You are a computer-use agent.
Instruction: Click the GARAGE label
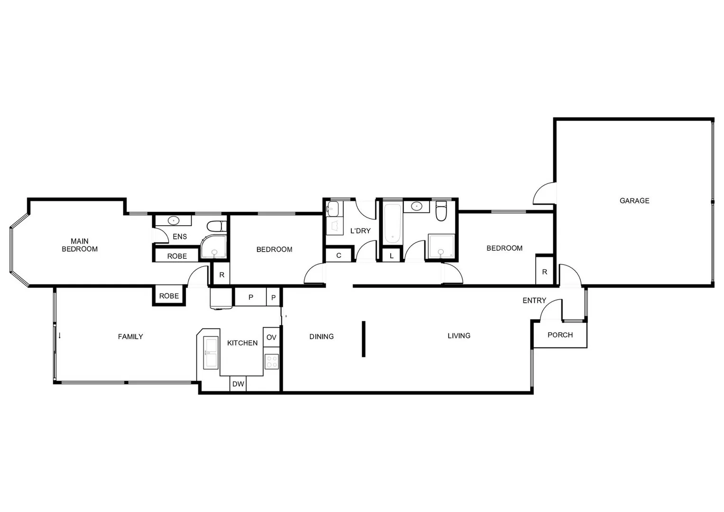(x=634, y=201)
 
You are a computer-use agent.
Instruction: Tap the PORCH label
(x=560, y=335)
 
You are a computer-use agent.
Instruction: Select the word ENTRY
(x=534, y=301)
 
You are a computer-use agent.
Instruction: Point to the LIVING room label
(x=458, y=336)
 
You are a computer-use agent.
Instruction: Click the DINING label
(x=321, y=337)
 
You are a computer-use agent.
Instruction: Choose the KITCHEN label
(x=242, y=343)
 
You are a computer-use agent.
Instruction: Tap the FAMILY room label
(x=130, y=337)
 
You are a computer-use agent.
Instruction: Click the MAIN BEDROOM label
(x=80, y=245)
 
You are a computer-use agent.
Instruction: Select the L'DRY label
(x=360, y=231)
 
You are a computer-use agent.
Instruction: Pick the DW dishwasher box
(x=238, y=384)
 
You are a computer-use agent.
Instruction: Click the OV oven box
(x=271, y=338)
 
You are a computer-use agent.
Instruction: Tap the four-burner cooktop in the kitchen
(x=272, y=362)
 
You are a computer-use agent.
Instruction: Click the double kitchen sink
(x=211, y=352)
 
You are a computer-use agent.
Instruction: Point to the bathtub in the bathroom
(x=393, y=223)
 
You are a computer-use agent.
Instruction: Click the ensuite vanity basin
(x=174, y=220)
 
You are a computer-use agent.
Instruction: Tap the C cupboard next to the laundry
(x=339, y=256)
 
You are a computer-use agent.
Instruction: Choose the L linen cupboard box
(x=391, y=256)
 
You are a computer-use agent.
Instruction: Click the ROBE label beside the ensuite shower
(x=177, y=256)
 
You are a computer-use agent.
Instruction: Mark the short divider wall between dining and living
(x=364, y=338)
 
